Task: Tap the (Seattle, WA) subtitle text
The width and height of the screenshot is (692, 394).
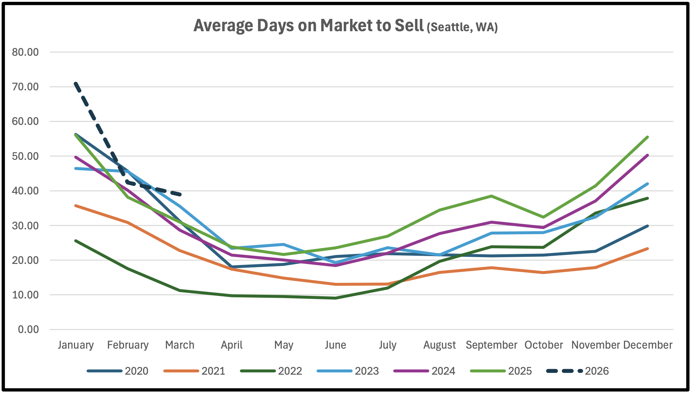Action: (462, 27)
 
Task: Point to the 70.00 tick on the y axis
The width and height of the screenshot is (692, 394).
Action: (25, 87)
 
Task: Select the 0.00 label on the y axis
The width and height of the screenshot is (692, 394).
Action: (28, 329)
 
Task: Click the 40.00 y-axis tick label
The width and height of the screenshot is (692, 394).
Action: (25, 191)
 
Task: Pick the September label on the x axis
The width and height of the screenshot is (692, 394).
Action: (491, 345)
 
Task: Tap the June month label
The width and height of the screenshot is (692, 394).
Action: (335, 345)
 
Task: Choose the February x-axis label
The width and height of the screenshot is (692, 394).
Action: (128, 345)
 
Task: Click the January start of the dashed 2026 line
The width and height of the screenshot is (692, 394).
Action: (76, 84)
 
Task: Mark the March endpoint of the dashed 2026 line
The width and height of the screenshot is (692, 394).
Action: (180, 194)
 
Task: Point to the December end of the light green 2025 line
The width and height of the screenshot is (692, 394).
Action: (647, 137)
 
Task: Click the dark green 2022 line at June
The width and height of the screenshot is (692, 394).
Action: (336, 298)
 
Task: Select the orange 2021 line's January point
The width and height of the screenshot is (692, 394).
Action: (76, 206)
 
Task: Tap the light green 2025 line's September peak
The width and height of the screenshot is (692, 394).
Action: (491, 196)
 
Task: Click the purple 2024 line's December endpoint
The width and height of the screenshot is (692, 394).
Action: (647, 155)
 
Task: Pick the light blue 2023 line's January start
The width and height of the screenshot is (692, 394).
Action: (76, 168)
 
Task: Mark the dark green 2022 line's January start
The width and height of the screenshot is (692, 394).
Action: (76, 241)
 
